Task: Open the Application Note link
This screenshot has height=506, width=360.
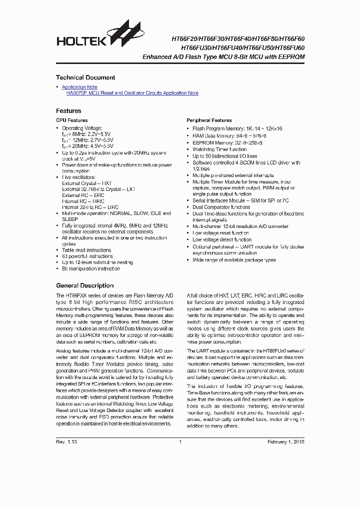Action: pyautogui.click(x=79, y=87)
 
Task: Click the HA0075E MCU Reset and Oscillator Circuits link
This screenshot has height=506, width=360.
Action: pyautogui.click(x=132, y=93)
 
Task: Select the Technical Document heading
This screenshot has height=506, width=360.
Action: pyautogui.click(x=85, y=77)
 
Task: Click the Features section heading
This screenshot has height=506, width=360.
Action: pyautogui.click(x=68, y=110)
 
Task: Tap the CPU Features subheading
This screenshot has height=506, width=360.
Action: pyautogui.click(x=71, y=120)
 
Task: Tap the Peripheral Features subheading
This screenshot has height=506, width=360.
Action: pyautogui.click(x=209, y=120)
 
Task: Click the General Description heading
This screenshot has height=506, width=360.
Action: pyautogui.click(x=84, y=285)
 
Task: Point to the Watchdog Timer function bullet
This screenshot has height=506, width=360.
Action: pyautogui.click(x=219, y=149)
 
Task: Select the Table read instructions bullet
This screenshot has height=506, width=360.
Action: pyautogui.click(x=86, y=250)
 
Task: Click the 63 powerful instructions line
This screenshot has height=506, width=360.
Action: pyautogui.click(x=87, y=256)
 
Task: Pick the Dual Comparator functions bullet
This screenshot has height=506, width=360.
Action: pyautogui.click(x=221, y=207)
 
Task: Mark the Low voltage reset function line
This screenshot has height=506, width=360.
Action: pyautogui.click(x=220, y=233)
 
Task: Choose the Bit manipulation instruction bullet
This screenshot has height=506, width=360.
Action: pyautogui.click(x=91, y=268)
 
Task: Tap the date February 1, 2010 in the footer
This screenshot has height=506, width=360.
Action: pyautogui.click(x=285, y=442)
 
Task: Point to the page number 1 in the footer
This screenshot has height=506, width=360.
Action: pyautogui.click(x=179, y=442)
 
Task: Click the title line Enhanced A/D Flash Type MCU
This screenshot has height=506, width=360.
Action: pyautogui.click(x=223, y=57)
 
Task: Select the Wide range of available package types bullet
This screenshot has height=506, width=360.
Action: pyautogui.click(x=234, y=260)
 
